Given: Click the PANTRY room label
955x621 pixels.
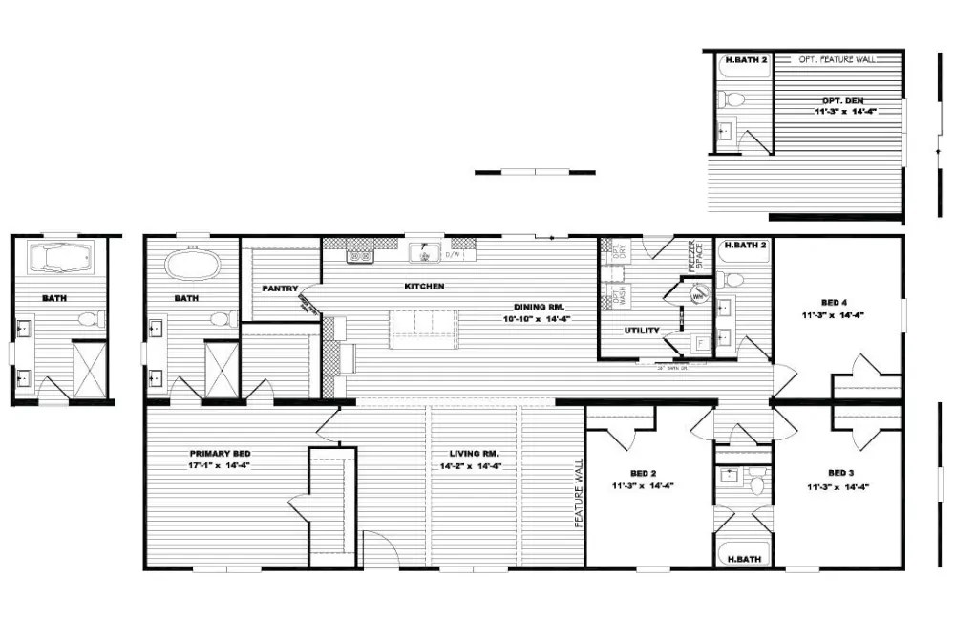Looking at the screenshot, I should [281, 289].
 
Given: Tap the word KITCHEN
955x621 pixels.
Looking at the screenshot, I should [424, 287].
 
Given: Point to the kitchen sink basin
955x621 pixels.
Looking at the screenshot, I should [421, 254].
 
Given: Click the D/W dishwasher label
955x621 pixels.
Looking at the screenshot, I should [454, 255].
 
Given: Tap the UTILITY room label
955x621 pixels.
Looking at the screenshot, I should [642, 331].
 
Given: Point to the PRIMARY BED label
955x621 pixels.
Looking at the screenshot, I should [221, 454].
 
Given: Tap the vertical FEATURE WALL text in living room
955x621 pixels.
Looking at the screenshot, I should [579, 492].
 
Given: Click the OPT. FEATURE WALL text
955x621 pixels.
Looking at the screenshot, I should [837, 59].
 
